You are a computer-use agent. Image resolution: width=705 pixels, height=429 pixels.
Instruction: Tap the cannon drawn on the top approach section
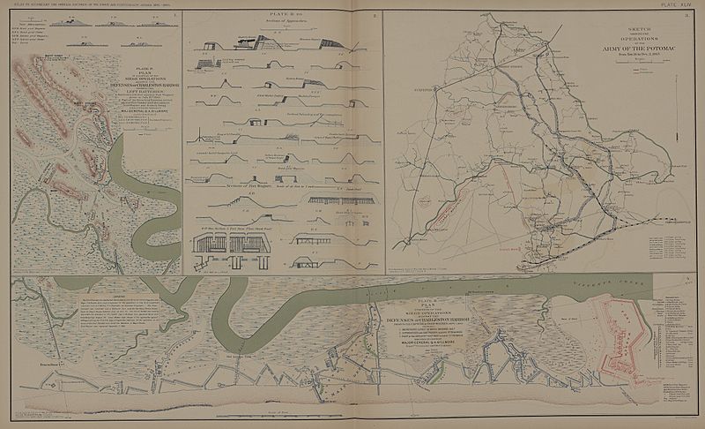tap(263, 34)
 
